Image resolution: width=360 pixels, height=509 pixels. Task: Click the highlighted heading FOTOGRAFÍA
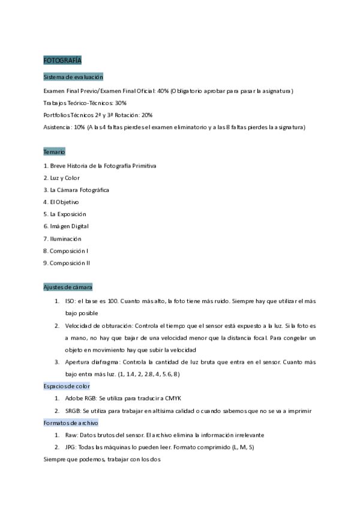coord(62,61)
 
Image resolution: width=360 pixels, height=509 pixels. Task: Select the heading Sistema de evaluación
coord(73,77)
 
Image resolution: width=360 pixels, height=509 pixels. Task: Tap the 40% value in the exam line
coord(163,91)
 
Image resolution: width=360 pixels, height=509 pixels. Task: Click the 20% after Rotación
coord(147,115)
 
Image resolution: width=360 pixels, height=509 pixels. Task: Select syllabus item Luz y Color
coord(64,178)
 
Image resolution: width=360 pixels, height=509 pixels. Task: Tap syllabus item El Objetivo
coord(64,202)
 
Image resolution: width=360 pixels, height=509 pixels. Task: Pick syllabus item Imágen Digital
coord(68,226)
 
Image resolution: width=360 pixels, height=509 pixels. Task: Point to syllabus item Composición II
coord(71,263)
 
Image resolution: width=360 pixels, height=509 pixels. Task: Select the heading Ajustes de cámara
coord(68,287)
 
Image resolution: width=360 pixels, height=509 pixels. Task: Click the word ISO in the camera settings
coord(70,301)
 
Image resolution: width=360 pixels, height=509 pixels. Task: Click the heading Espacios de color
coord(67,386)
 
